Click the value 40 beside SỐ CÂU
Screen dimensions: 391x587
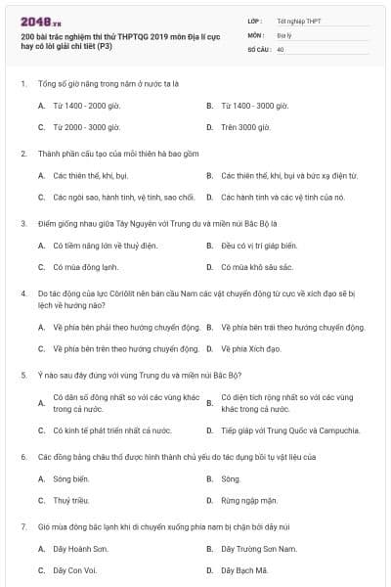point(281,49)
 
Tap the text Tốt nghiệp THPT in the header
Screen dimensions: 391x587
point(297,20)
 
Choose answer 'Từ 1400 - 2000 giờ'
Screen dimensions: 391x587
point(87,105)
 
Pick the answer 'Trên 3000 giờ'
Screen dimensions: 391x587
point(243,127)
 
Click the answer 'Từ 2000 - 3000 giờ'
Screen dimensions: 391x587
point(87,127)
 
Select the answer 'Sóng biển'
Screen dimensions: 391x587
point(71,478)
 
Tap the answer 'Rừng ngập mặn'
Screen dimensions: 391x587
point(245,501)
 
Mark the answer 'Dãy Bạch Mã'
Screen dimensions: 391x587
point(244,569)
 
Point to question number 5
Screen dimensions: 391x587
point(23,374)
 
